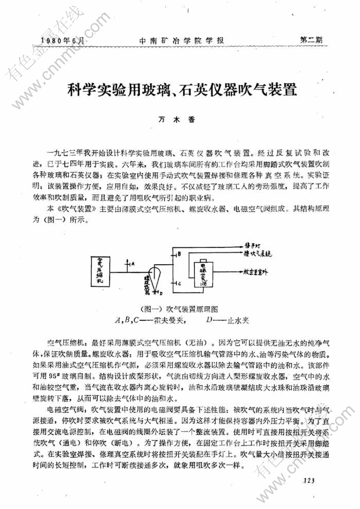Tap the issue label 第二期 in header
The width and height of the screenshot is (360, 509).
coord(311,40)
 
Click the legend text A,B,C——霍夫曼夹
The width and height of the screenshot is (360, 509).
coord(149,319)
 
